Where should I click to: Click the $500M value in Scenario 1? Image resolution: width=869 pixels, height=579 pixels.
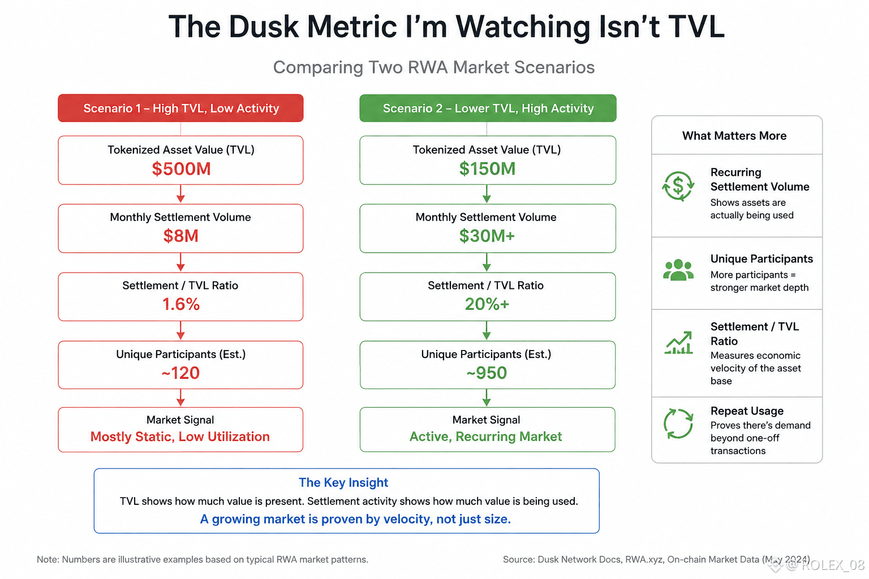click(181, 168)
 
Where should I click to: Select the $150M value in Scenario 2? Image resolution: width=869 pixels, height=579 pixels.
click(487, 168)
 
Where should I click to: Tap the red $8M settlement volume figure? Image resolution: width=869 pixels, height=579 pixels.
click(181, 236)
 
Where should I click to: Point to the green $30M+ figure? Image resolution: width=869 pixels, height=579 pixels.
click(487, 236)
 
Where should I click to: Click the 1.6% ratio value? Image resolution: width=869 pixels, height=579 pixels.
click(181, 304)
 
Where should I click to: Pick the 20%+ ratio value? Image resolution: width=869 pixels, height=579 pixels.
click(487, 304)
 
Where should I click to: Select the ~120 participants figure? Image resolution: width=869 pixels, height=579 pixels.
click(180, 373)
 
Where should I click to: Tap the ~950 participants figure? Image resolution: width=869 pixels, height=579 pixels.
click(487, 373)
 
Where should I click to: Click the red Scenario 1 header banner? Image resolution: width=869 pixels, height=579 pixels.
click(181, 108)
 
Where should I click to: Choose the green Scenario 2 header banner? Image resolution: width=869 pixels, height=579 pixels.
click(488, 108)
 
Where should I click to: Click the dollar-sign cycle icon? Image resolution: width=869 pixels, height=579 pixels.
click(678, 186)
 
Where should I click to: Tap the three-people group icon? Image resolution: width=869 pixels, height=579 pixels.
click(678, 270)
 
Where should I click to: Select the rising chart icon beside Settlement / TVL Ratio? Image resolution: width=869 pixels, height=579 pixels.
click(678, 343)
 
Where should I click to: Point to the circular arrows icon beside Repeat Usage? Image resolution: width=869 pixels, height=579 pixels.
click(678, 424)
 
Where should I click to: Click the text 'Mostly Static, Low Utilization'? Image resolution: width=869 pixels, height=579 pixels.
click(180, 437)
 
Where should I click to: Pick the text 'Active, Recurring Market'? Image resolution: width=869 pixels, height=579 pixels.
click(486, 437)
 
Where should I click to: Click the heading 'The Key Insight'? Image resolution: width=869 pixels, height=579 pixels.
click(343, 482)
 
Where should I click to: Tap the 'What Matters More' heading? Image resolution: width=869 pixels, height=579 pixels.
click(734, 136)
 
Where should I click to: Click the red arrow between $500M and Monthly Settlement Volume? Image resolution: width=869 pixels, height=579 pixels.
click(180, 194)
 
